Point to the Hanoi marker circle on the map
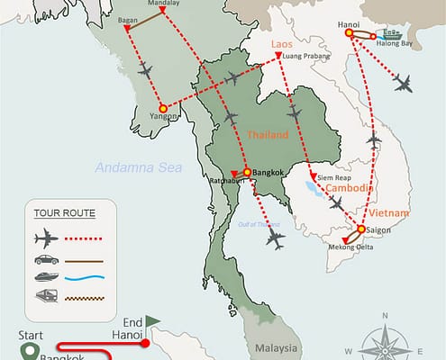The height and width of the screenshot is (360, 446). point(349,34)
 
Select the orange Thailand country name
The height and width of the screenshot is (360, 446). point(267,135)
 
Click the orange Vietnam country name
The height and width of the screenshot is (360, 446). point(388,213)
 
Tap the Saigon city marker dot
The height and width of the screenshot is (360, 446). point(361,229)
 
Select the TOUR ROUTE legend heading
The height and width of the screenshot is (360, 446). point(64,213)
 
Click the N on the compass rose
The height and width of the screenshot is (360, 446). point(385,315)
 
